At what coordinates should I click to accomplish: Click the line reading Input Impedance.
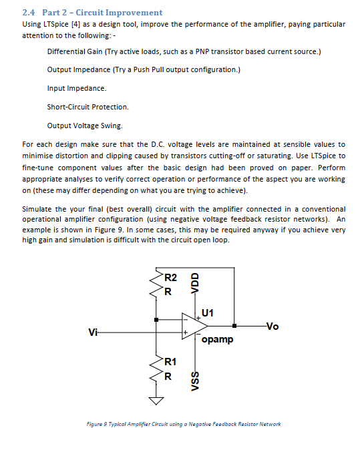[76, 88]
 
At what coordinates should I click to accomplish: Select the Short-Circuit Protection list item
[87, 107]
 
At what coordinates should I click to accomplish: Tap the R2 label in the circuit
[170, 277]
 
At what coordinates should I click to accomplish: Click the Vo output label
[273, 326]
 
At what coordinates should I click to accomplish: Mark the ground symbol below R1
[156, 401]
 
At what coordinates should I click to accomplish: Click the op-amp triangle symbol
[194, 327]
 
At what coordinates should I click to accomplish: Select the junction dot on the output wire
[234, 326]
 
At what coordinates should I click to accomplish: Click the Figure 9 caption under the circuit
[184, 424]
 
